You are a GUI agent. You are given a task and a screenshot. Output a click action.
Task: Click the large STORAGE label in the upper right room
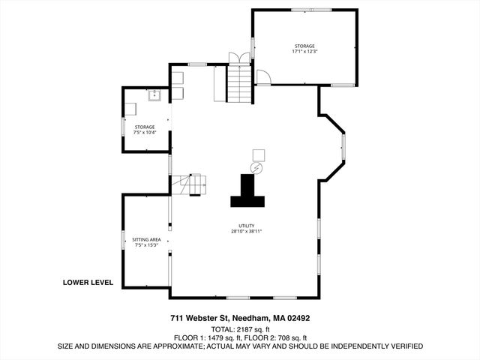point(304,46)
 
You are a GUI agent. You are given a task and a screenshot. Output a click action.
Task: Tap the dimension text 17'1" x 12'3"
point(304,52)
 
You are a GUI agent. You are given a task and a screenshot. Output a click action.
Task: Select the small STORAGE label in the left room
point(145,127)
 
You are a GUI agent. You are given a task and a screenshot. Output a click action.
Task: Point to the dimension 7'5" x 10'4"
point(145,133)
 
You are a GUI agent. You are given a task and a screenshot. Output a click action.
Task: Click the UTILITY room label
point(246,226)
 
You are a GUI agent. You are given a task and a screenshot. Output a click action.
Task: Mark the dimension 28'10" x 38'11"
point(246,232)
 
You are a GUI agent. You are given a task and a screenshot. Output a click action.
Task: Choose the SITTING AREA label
point(146,239)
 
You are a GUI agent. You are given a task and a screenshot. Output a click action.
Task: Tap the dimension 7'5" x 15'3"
point(146,245)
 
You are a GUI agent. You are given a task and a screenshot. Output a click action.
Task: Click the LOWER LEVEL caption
point(88,283)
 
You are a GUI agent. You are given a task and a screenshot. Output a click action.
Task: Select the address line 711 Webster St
point(239,318)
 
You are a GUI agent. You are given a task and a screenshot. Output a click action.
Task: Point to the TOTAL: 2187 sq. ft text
point(239,328)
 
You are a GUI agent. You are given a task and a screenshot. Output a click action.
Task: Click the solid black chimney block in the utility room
point(247,192)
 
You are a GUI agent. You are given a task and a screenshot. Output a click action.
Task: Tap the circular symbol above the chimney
point(257,167)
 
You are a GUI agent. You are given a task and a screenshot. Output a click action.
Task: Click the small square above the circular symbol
point(258,154)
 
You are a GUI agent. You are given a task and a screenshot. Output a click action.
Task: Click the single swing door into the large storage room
point(262,77)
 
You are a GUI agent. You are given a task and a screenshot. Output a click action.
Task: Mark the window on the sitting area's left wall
point(124,240)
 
